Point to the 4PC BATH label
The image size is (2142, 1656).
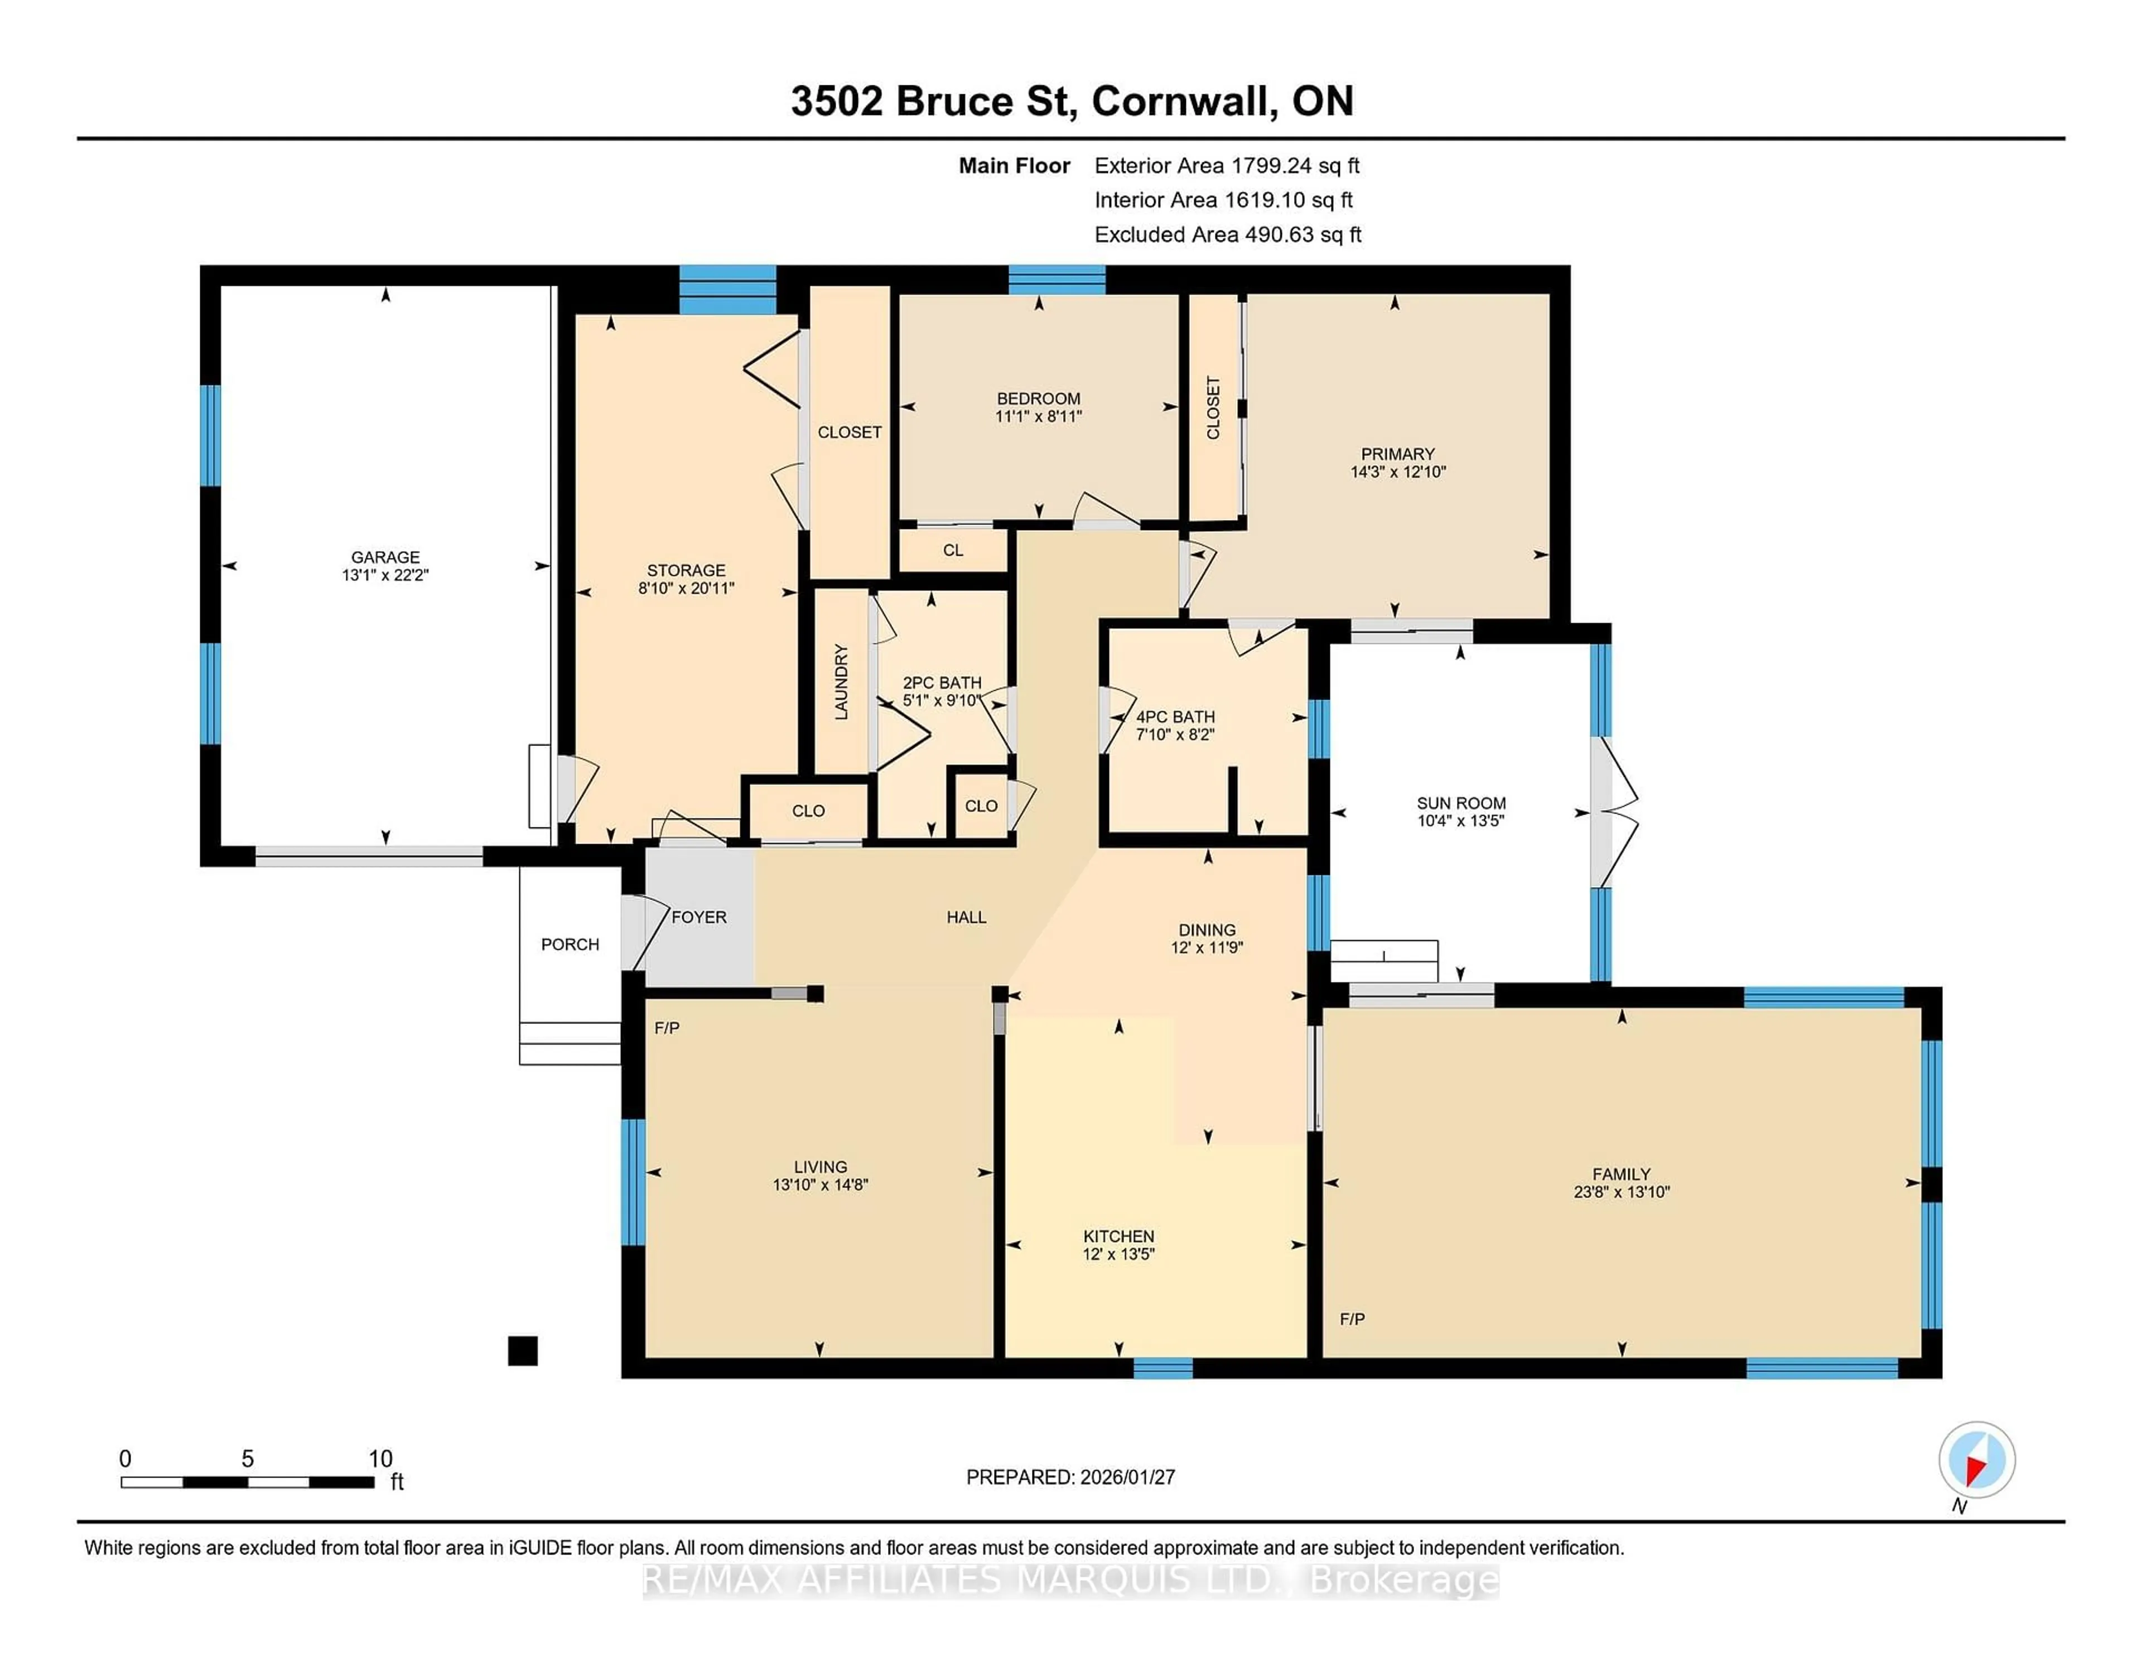1175,717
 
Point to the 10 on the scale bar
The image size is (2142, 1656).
380,1459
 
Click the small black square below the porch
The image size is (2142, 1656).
523,1351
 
